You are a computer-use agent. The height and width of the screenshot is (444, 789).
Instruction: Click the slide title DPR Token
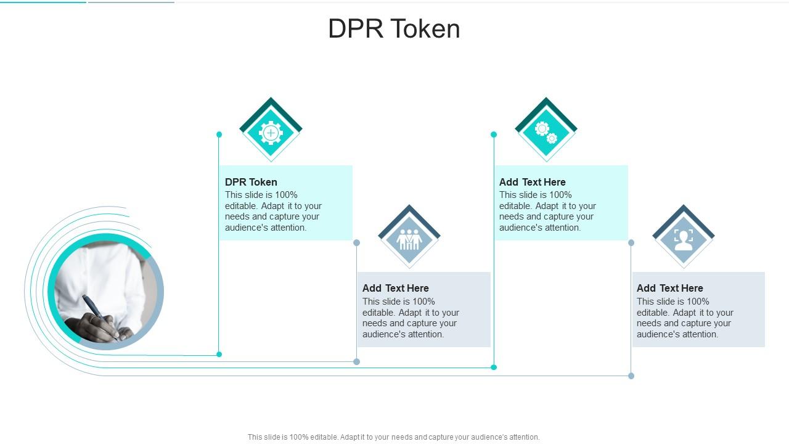(394, 29)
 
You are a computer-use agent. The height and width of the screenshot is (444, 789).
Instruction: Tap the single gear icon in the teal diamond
(271, 133)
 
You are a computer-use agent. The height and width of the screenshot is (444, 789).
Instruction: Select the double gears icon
(546, 133)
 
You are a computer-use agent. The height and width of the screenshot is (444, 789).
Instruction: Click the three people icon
(409, 239)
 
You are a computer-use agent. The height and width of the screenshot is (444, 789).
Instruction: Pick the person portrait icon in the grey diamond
(683, 239)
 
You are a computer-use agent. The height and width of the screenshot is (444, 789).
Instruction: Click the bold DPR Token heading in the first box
(251, 182)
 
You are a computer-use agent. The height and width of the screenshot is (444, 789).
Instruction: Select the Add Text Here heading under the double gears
(532, 182)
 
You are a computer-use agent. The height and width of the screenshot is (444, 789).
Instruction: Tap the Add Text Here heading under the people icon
(395, 288)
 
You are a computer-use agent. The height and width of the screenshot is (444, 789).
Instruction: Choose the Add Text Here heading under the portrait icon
(669, 288)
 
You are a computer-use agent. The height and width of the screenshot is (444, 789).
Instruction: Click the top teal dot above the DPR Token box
(219, 134)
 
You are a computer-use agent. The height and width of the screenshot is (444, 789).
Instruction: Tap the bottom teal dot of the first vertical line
(219, 354)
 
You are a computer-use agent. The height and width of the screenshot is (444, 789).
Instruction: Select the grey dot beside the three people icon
(356, 243)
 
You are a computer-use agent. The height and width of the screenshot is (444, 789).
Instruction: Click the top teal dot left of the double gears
(494, 134)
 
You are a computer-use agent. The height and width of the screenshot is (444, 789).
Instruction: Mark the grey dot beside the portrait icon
(631, 243)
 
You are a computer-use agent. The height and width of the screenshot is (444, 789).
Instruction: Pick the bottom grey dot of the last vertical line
(631, 376)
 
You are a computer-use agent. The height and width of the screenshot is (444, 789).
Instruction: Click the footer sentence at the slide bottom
(393, 437)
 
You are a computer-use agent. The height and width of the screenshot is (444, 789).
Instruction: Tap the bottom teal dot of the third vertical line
(494, 368)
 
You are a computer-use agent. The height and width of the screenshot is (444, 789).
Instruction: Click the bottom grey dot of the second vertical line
(356, 361)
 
